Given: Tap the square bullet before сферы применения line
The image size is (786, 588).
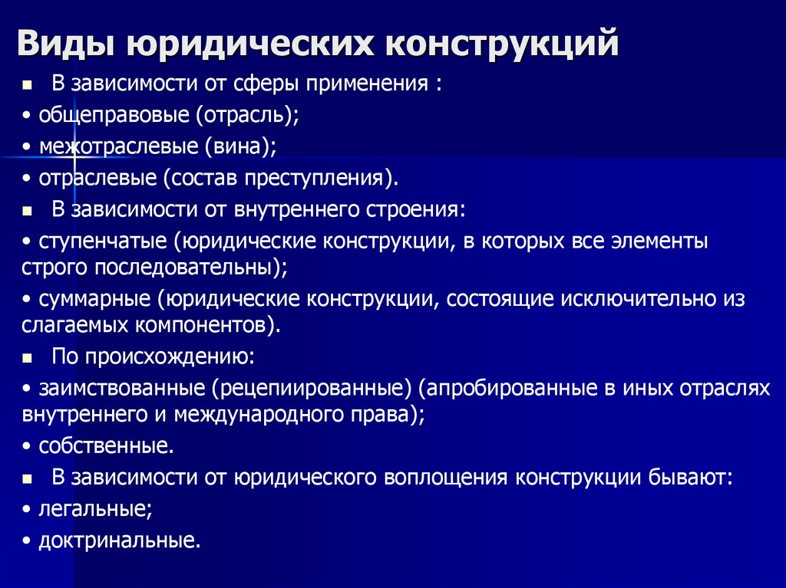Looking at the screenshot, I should [x=28, y=84].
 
